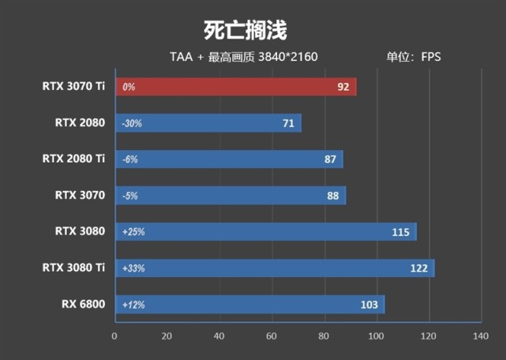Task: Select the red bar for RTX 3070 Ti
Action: click(x=235, y=87)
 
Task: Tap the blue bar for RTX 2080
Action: click(x=208, y=123)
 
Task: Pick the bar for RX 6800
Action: click(x=249, y=305)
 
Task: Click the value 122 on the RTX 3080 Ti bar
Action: click(x=419, y=268)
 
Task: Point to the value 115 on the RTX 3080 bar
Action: click(x=401, y=232)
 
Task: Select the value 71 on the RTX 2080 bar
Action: click(x=288, y=123)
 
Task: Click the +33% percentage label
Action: click(x=133, y=268)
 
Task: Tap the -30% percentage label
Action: click(x=131, y=123)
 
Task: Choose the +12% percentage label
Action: click(x=133, y=305)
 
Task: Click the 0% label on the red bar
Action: click(x=129, y=87)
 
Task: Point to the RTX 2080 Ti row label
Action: click(x=73, y=159)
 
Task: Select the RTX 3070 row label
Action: click(x=80, y=195)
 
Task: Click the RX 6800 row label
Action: click(x=83, y=304)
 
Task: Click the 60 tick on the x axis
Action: click(x=272, y=336)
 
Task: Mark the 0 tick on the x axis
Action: click(x=115, y=336)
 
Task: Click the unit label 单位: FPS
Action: click(x=414, y=57)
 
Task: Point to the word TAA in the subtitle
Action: click(x=181, y=57)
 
